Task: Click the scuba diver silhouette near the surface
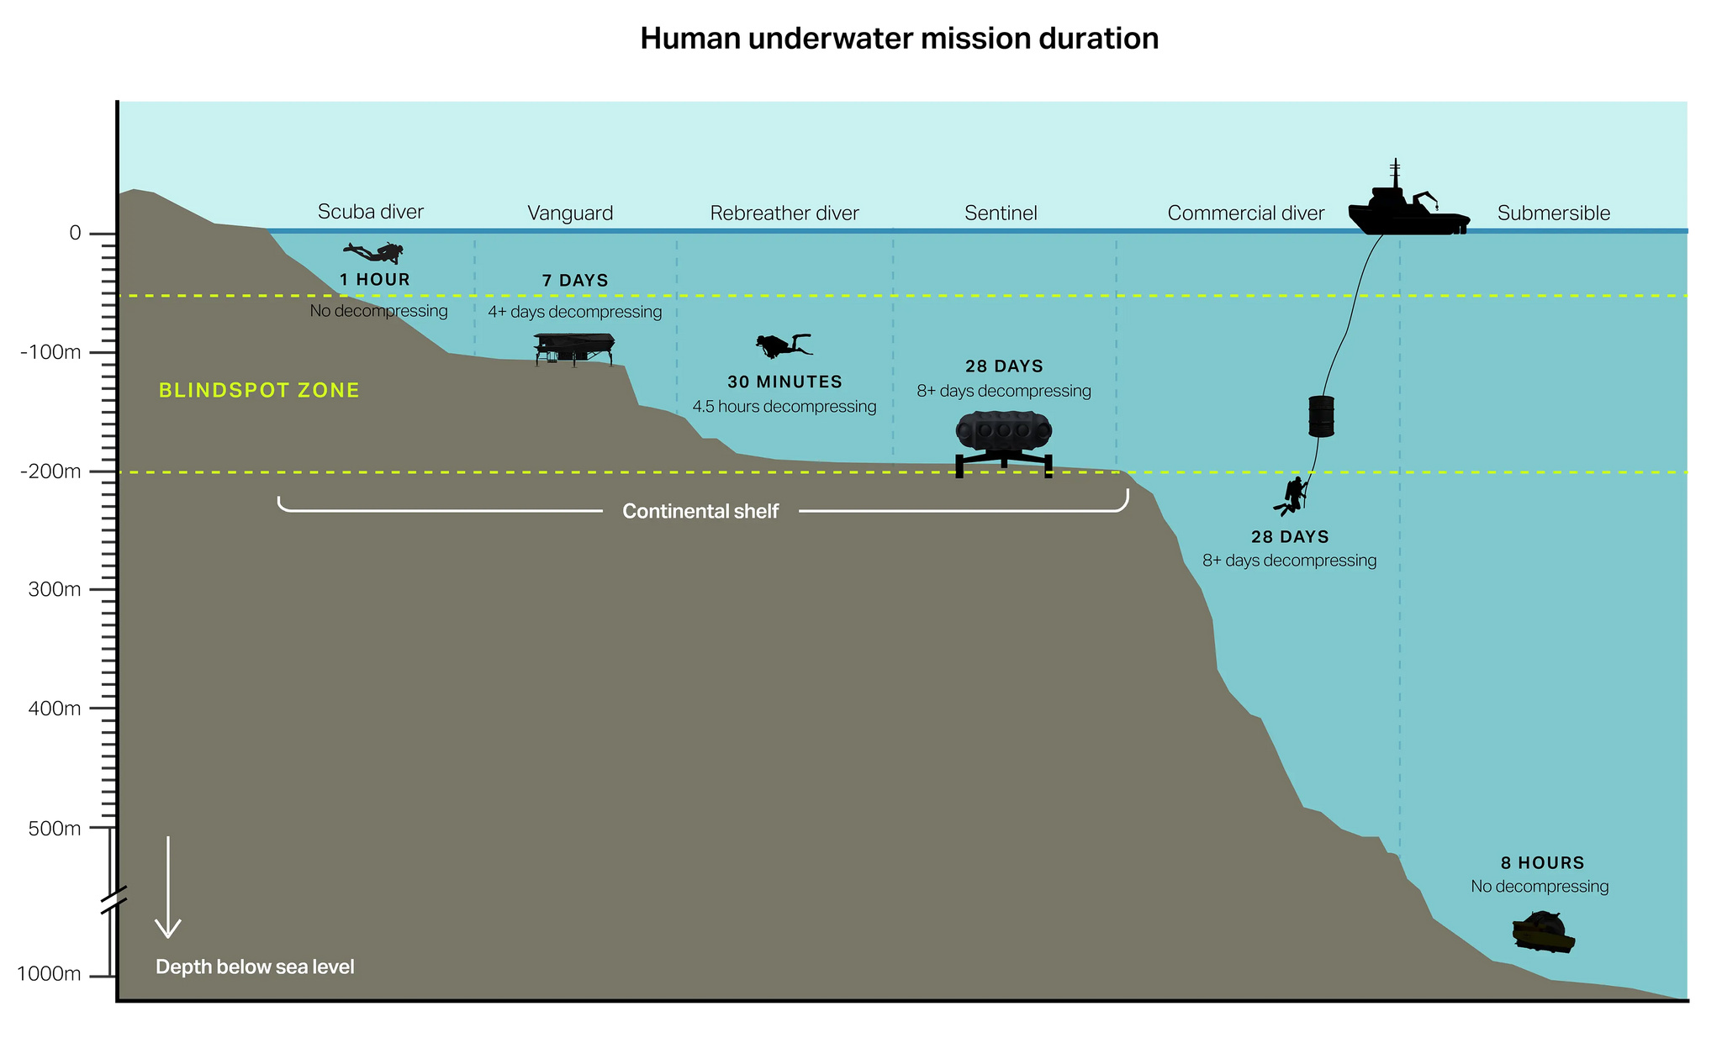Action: (x=375, y=251)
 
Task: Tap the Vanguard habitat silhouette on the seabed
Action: (x=574, y=346)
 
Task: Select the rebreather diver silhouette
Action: (x=783, y=345)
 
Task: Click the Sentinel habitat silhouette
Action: (x=1004, y=440)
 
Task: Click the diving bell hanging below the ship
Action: (x=1321, y=416)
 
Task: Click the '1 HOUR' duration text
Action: (x=375, y=280)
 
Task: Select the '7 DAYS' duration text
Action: (x=575, y=281)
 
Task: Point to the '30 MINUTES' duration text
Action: (x=784, y=382)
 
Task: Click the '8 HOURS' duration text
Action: (x=1542, y=863)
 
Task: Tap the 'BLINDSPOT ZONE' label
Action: (x=259, y=391)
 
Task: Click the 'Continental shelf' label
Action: (x=700, y=512)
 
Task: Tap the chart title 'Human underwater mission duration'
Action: (x=899, y=40)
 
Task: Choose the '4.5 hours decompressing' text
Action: (x=784, y=407)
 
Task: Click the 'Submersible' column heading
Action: (x=1553, y=213)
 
